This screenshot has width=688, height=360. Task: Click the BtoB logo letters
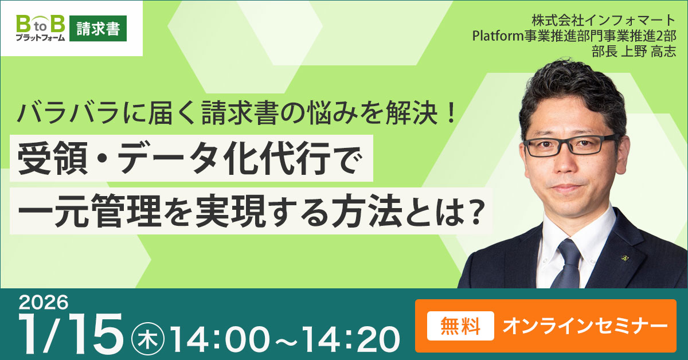[41, 24]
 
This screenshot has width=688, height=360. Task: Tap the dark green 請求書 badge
[98, 28]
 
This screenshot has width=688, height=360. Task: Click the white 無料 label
[460, 326]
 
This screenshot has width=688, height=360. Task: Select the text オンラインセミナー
[585, 326]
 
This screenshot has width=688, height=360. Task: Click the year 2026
[44, 303]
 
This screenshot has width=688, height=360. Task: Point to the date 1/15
[71, 333]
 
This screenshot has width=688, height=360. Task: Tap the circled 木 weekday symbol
[148, 339]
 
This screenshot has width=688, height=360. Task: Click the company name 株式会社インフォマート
[604, 21]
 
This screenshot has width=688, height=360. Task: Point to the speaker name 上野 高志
[648, 51]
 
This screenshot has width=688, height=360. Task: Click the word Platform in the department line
[498, 36]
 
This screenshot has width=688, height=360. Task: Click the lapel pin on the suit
[624, 259]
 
